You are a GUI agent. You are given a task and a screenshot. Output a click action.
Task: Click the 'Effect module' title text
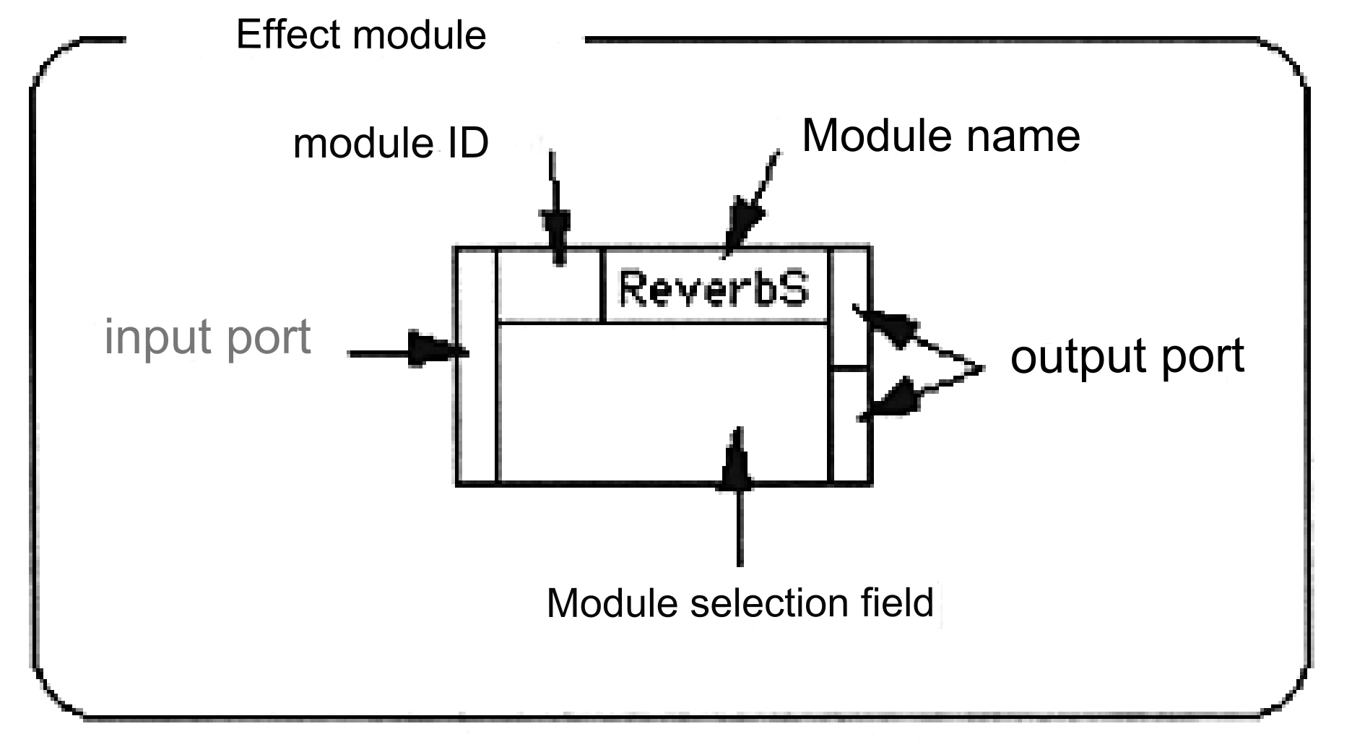[361, 35]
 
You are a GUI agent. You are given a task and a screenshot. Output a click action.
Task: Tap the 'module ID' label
[391, 143]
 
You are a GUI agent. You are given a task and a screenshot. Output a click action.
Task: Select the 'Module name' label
[941, 135]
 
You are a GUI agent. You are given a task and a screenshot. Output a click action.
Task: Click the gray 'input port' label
[207, 337]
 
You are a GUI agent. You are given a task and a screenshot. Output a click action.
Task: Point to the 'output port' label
[1127, 355]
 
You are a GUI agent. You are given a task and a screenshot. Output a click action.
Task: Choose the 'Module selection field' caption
[740, 603]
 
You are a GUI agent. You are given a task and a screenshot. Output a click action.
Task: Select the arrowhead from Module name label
[744, 221]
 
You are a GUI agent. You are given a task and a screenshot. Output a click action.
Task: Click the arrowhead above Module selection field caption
[737, 459]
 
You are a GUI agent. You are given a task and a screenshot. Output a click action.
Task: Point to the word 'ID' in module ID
[468, 143]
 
